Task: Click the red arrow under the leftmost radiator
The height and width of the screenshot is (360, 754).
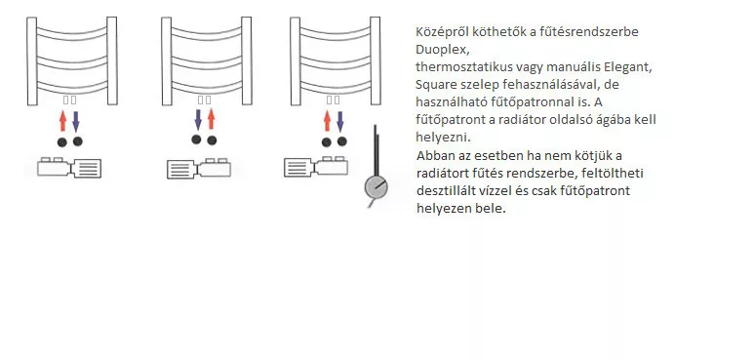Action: click(62, 121)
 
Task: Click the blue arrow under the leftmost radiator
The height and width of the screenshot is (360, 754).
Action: click(75, 121)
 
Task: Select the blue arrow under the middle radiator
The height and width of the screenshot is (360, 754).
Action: click(198, 120)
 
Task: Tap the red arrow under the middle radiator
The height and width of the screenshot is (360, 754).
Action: click(211, 119)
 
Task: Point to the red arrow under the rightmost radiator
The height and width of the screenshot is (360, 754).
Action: click(328, 121)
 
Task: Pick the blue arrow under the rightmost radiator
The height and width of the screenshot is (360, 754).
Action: click(340, 121)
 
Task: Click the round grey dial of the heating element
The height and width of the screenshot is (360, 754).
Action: click(377, 187)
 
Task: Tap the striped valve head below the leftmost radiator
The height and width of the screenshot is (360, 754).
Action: click(88, 169)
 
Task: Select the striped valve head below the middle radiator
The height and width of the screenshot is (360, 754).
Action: click(181, 169)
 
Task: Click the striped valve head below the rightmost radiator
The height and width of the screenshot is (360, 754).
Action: click(298, 168)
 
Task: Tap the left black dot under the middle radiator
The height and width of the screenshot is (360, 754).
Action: click(196, 140)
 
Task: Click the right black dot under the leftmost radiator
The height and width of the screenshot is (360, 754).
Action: click(77, 141)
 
